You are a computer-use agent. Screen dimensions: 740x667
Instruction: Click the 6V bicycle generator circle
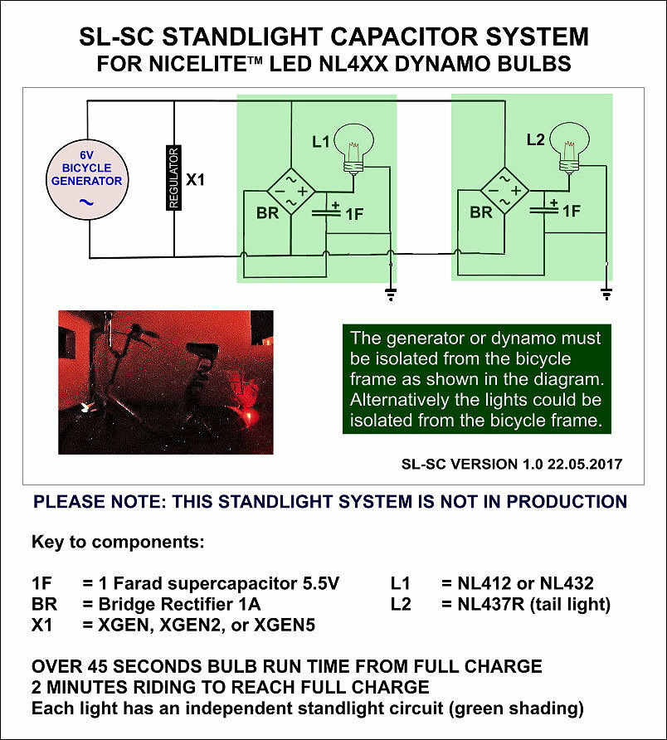[x=87, y=180]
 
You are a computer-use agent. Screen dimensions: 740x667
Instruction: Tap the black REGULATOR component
[x=173, y=178]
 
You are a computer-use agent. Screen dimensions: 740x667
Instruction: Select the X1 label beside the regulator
[x=195, y=178]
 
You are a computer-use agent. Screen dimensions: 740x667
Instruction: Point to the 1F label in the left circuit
[x=354, y=215]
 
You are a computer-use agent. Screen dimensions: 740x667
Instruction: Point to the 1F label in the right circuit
[x=571, y=212]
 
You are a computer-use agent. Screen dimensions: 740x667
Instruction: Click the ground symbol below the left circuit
[x=391, y=292]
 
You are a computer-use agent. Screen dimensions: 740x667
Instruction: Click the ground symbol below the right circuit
[x=606, y=292]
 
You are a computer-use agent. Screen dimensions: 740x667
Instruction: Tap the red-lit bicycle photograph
[x=166, y=382]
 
